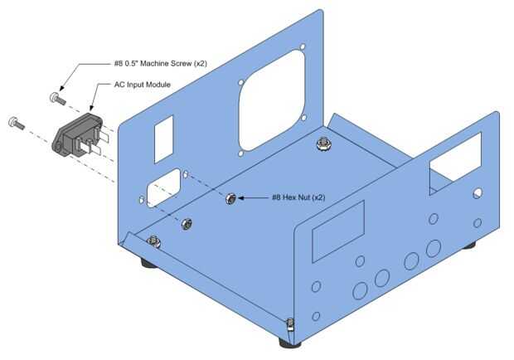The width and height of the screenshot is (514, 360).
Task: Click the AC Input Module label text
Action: [143, 85]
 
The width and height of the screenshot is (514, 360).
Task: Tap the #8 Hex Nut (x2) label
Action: [298, 197]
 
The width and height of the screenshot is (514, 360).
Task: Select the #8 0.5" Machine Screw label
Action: [161, 63]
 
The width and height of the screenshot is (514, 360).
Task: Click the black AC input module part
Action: [80, 134]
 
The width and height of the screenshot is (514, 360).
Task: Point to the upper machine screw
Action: [58, 98]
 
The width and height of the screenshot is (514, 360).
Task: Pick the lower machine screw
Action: [16, 123]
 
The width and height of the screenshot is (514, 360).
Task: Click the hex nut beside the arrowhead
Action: [231, 198]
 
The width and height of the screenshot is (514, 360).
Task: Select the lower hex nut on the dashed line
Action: [187, 224]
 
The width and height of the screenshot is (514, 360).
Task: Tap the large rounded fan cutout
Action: [271, 100]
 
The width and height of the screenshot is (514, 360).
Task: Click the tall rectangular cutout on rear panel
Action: [163, 139]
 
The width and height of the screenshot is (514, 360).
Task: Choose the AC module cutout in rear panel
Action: [163, 187]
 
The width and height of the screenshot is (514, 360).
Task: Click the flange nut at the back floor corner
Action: [322, 144]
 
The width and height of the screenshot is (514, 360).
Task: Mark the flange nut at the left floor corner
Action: [153, 241]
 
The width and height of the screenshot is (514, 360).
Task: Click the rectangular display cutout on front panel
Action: [338, 231]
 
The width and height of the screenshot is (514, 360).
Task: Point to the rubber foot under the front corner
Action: [290, 343]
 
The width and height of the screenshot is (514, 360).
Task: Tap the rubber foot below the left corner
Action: [148, 263]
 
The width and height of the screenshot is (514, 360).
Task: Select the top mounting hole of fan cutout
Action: [303, 46]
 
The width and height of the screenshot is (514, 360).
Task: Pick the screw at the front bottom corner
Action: [290, 325]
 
